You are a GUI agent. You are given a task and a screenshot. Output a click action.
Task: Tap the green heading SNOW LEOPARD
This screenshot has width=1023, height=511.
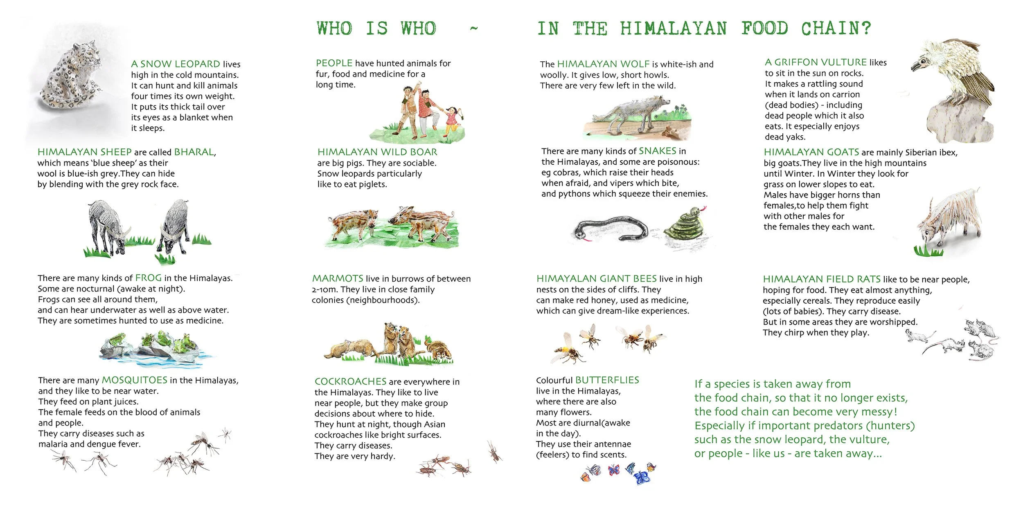point(180,64)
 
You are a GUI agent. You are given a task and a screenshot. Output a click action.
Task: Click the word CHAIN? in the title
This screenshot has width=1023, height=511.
point(836,29)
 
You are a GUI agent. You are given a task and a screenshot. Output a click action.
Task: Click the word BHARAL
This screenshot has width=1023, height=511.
point(194,152)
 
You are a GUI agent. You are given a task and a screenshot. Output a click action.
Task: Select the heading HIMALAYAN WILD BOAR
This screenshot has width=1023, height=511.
point(377,152)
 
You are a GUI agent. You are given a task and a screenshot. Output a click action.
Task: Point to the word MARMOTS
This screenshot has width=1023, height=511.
point(338,278)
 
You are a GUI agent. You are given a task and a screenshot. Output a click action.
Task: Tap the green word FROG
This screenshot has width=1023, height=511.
point(149,278)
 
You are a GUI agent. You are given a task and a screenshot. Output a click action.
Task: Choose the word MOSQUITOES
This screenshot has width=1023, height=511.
point(135,380)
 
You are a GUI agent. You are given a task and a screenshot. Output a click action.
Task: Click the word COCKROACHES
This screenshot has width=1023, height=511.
point(351,381)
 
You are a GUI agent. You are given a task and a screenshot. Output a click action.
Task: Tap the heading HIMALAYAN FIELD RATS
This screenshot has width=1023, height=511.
point(822,279)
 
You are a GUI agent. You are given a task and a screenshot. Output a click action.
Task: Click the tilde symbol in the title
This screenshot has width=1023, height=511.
point(474,29)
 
